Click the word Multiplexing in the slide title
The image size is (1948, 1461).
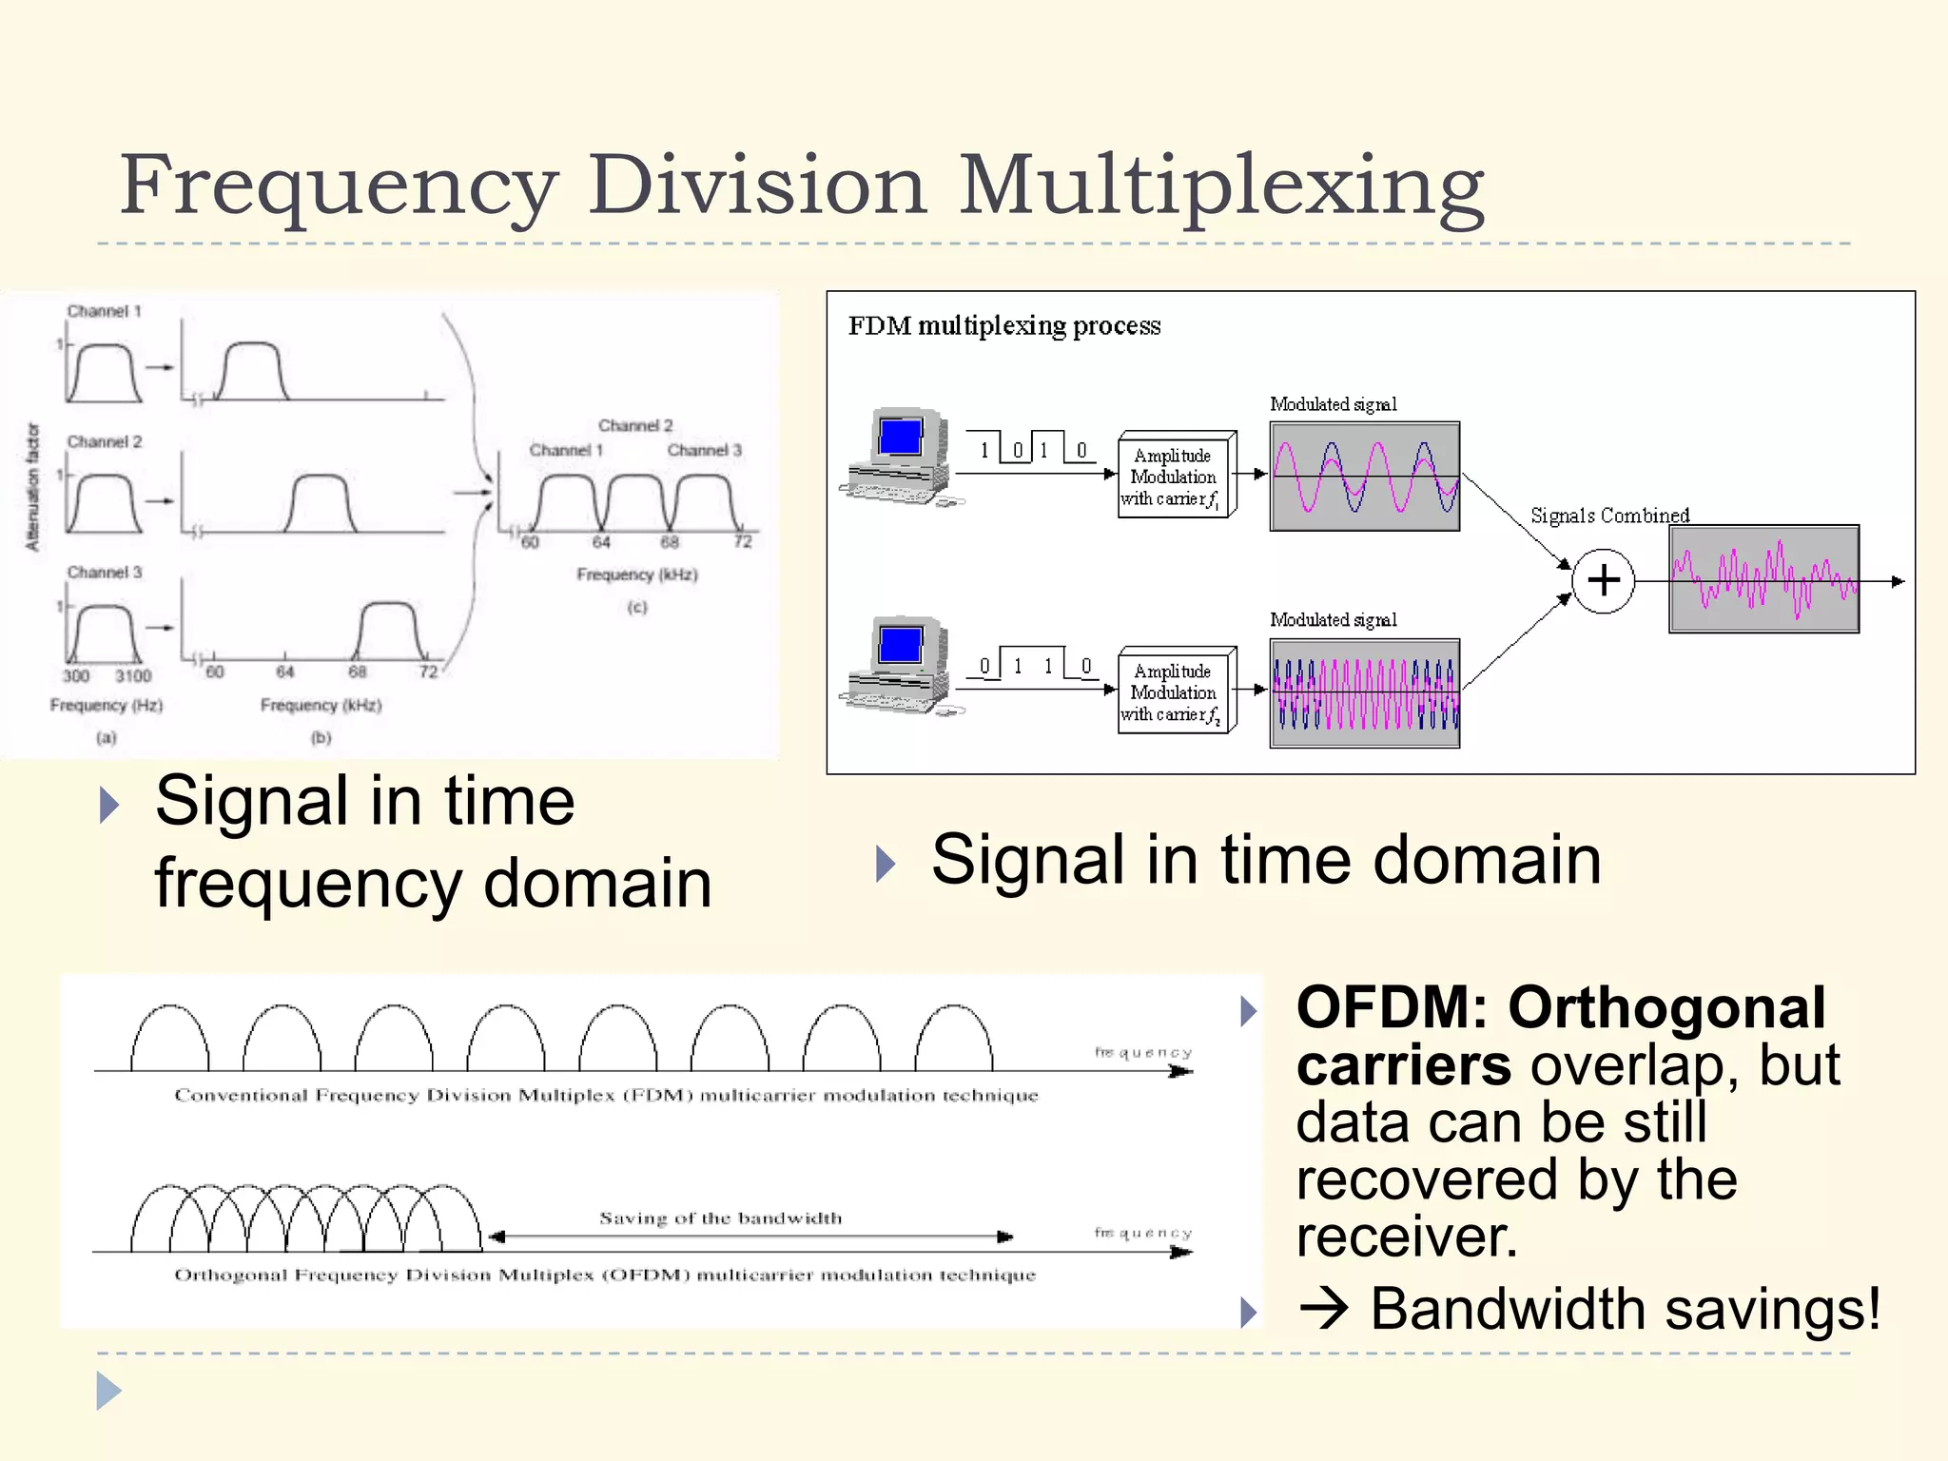[x=1222, y=185]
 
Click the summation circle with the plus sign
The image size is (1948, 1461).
[x=1603, y=580]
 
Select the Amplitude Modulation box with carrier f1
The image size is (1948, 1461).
[x=1175, y=476]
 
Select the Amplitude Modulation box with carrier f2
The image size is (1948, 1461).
[x=1175, y=692]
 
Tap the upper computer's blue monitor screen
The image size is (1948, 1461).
[x=900, y=438]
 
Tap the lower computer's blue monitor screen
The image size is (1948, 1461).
[x=900, y=645]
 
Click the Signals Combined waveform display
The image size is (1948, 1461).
[x=1763, y=578]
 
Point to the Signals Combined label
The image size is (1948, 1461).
[x=1609, y=515]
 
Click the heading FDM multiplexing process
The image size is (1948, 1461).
[x=1003, y=326]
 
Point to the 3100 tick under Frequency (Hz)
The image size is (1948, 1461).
[x=133, y=675]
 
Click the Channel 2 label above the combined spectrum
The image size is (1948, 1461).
[x=635, y=425]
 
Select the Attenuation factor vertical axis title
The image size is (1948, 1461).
[x=33, y=487]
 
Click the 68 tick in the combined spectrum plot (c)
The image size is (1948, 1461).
[x=670, y=542]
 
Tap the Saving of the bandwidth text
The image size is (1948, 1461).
[x=720, y=1217]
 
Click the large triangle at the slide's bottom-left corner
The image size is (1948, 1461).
[x=108, y=1391]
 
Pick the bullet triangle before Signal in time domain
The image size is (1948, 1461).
[x=886, y=863]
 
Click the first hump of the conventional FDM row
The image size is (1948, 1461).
[x=169, y=1039]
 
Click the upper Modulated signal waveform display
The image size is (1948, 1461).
[x=1364, y=476]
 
